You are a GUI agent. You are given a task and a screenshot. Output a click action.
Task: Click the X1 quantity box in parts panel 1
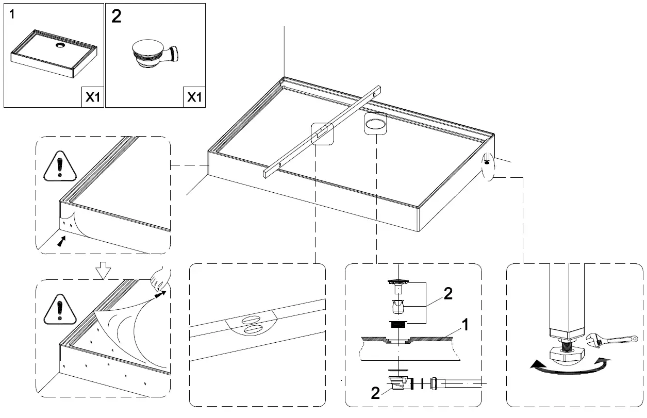(92, 97)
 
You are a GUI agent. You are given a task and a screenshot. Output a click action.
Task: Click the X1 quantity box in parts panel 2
(194, 97)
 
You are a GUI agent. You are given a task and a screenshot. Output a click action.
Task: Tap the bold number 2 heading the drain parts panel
(117, 16)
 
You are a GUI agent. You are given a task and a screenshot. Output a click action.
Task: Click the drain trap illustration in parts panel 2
(155, 55)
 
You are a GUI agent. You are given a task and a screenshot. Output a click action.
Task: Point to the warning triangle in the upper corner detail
(60, 168)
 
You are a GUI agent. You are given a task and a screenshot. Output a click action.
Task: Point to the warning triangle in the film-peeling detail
(60, 309)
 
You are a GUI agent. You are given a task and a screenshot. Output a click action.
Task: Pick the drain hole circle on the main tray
(375, 123)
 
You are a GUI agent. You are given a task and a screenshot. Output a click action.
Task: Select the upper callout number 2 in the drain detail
(447, 293)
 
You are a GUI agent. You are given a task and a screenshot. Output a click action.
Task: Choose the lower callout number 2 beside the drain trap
(375, 394)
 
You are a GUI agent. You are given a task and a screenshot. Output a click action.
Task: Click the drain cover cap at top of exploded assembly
(398, 281)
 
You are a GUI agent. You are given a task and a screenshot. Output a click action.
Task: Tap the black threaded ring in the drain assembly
(397, 324)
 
